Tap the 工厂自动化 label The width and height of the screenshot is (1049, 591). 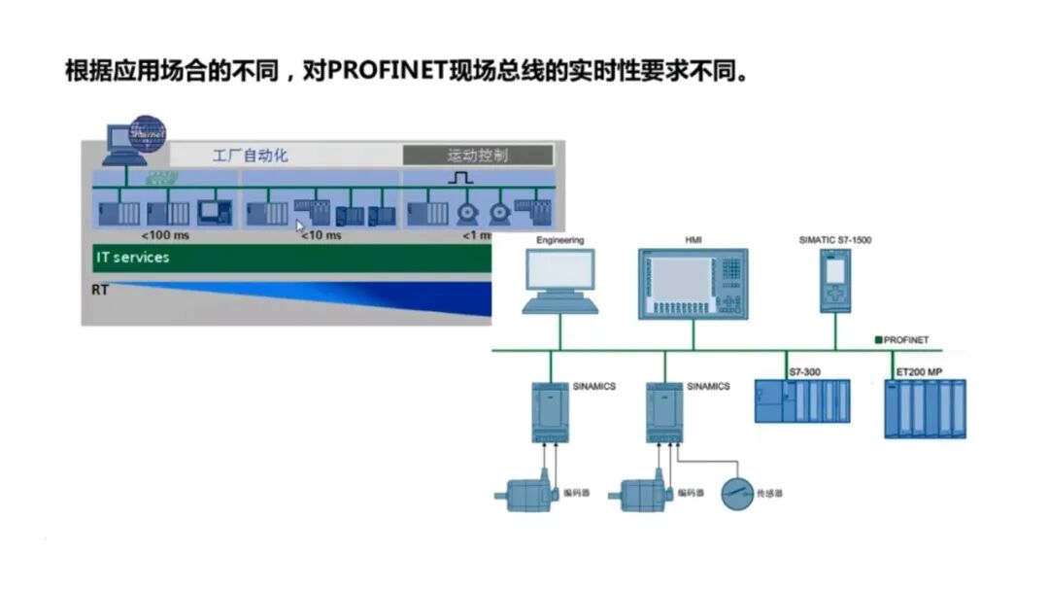[x=251, y=155]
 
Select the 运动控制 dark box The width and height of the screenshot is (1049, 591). [x=478, y=155]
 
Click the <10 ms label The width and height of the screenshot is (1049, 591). [x=321, y=235]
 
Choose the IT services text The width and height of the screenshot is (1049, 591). [x=132, y=258]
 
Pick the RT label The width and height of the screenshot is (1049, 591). [x=100, y=290]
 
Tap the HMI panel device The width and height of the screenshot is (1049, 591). [x=692, y=284]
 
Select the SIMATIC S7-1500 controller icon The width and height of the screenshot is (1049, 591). [x=834, y=282]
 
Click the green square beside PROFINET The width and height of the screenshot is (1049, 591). [x=878, y=340]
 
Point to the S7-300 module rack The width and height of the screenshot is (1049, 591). [x=803, y=400]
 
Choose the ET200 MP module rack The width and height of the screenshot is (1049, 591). [x=925, y=408]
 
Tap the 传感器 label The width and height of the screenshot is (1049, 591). [x=770, y=494]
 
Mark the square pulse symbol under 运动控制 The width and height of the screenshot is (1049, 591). [x=460, y=178]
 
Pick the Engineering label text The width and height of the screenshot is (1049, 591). [x=560, y=239]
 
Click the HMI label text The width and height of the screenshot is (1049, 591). [x=692, y=239]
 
